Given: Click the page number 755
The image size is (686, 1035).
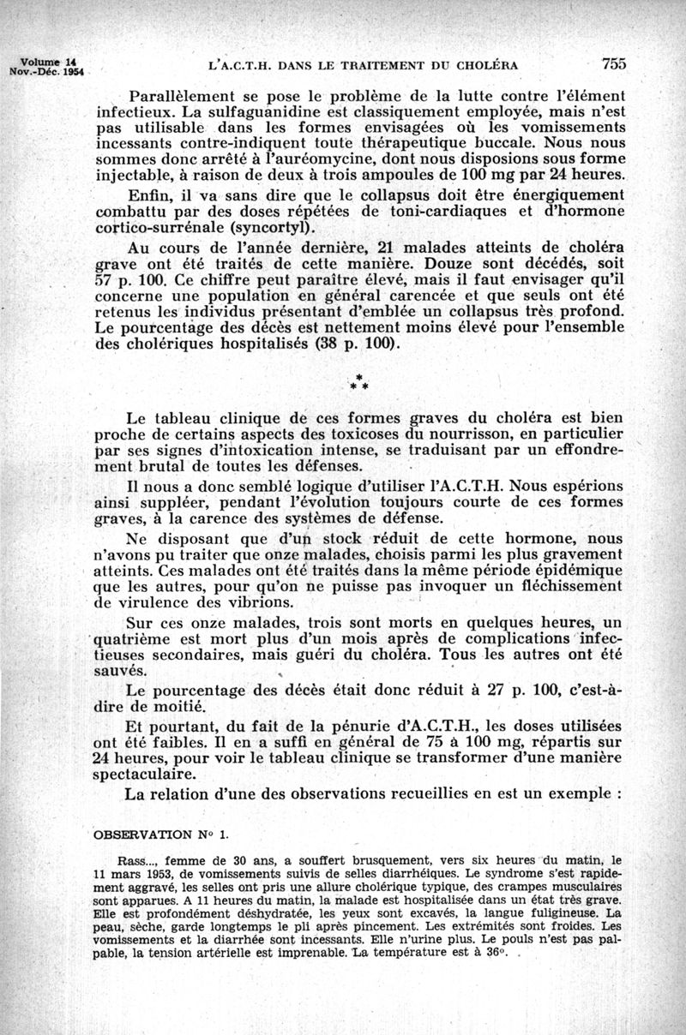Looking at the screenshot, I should [615, 63].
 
